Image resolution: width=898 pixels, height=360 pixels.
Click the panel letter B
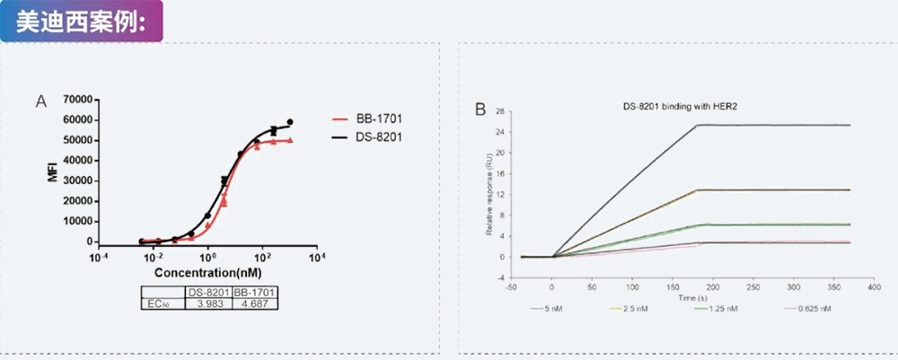(x=480, y=110)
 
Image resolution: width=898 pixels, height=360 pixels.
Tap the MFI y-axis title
(x=53, y=171)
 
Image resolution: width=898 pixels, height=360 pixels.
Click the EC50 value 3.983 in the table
(x=207, y=305)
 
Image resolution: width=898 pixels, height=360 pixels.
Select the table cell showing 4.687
(x=254, y=305)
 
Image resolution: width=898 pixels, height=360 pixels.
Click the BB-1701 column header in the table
(x=254, y=293)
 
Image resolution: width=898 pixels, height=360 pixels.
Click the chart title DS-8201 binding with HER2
(x=680, y=106)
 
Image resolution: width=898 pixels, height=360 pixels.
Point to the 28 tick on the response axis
(x=501, y=112)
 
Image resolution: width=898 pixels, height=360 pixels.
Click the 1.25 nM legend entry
(x=720, y=309)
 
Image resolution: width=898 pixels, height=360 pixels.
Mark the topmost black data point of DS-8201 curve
(x=290, y=122)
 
